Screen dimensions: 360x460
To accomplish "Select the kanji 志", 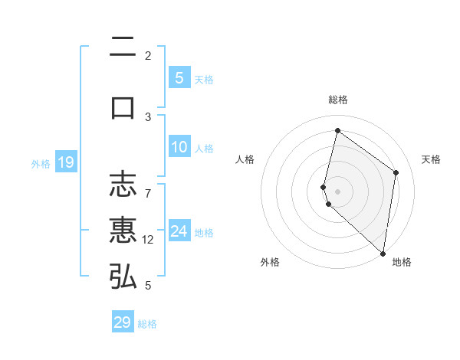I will click(x=123, y=184).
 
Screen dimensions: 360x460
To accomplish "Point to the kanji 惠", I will click(x=123, y=230).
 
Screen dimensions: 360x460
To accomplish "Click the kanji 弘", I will click(x=123, y=277).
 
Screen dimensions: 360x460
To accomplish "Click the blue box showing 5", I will click(x=179, y=78).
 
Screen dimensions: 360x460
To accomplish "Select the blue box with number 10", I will click(x=179, y=147).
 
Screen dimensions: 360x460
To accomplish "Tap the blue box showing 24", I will click(x=179, y=231).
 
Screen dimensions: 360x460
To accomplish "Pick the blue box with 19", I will click(x=65, y=162).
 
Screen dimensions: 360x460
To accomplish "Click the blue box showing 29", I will click(x=123, y=322).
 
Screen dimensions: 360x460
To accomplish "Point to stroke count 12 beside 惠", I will click(x=148, y=240).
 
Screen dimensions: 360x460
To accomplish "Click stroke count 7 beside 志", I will click(x=148, y=185).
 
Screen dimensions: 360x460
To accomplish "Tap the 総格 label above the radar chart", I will click(x=338, y=100).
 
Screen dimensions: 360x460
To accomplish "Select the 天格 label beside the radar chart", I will click(x=432, y=159).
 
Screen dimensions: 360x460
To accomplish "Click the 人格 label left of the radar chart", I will click(x=245, y=159).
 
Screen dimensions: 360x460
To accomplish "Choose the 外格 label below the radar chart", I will click(x=270, y=262).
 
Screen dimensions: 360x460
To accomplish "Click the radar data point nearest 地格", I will click(x=383, y=253).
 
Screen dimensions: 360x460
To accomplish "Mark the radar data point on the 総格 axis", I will click(x=337, y=130).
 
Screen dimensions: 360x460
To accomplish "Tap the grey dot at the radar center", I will click(x=338, y=189).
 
